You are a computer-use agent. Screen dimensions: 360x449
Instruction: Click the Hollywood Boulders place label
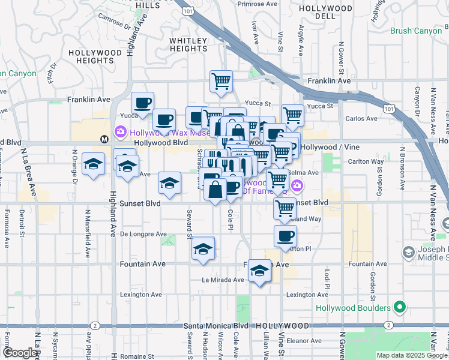354,308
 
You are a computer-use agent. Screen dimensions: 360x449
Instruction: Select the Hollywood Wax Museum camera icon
120,131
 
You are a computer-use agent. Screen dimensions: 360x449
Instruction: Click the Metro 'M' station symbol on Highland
104,139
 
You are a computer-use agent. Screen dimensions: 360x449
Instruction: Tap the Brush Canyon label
415,30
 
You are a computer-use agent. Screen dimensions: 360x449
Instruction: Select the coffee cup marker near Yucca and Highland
142,103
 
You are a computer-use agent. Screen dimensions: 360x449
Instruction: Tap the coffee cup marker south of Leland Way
285,236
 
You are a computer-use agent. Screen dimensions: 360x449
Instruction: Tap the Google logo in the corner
20,353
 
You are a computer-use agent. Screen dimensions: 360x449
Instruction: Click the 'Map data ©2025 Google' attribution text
411,355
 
